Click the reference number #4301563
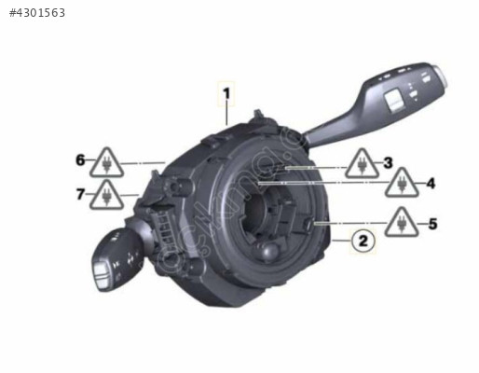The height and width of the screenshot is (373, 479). tap(37, 13)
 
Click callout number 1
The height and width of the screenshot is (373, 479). tap(226, 93)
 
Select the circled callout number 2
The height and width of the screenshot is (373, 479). tap(363, 241)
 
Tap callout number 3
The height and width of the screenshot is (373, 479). tap(388, 162)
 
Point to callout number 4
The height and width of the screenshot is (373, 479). tap(431, 184)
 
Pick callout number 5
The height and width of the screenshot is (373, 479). tap(432, 224)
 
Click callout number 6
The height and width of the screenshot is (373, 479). tap(80, 160)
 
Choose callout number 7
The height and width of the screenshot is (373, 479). tap(80, 194)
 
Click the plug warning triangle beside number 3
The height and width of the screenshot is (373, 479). tap(362, 164)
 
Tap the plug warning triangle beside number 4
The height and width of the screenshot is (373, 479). tap(402, 183)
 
